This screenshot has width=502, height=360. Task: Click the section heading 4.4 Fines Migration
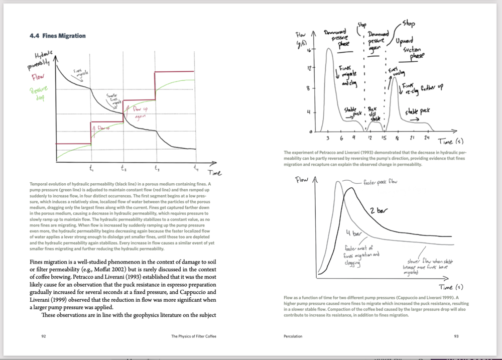point(58,36)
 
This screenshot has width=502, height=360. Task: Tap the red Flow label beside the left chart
point(38,78)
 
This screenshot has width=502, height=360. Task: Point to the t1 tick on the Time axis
point(91,168)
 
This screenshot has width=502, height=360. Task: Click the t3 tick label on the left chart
point(157,168)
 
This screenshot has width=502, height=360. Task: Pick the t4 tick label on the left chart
point(196,168)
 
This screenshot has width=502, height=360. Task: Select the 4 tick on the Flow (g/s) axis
point(310,112)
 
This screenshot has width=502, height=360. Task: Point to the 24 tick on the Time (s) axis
point(426,138)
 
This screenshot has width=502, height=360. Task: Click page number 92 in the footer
point(44,336)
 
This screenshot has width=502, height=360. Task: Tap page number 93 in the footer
point(456,336)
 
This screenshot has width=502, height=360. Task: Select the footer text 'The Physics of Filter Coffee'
point(195,336)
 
